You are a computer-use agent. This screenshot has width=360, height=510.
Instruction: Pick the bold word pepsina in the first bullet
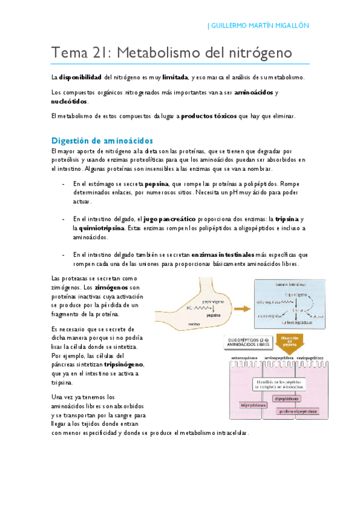(155, 183)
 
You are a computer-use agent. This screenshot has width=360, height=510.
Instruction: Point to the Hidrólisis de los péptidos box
(276, 384)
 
